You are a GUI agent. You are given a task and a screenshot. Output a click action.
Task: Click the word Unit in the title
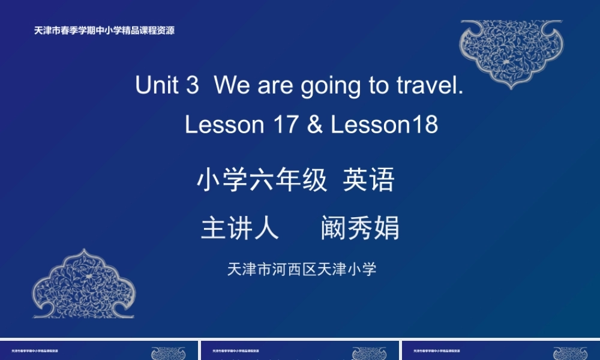(x=157, y=85)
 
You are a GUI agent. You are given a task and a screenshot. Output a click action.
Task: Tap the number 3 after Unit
(x=192, y=85)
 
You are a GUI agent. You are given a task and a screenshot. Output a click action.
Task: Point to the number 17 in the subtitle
(x=286, y=125)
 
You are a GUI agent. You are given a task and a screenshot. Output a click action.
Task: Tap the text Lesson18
(x=385, y=125)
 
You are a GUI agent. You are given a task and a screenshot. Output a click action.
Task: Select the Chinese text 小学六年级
(x=262, y=180)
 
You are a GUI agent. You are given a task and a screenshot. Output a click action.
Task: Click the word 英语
(x=368, y=180)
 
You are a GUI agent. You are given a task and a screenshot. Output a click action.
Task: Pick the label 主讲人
(x=240, y=228)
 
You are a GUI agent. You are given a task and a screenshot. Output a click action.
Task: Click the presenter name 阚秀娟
(x=360, y=228)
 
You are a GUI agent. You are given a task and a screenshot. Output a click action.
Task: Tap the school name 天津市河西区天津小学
(x=302, y=269)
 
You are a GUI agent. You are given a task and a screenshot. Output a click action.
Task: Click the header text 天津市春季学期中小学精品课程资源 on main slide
(x=104, y=31)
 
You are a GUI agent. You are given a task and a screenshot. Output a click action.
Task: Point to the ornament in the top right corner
(x=511, y=53)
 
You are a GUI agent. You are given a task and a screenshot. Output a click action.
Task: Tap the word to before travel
(x=379, y=85)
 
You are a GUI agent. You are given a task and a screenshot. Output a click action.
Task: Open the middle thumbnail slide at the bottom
(x=300, y=351)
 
